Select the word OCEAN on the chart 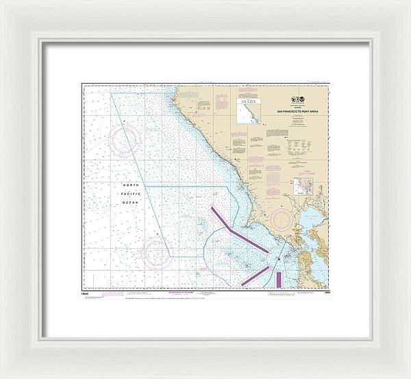(x=131, y=201)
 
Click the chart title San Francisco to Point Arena (x=302, y=110)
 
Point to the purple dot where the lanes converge (x=277, y=258)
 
